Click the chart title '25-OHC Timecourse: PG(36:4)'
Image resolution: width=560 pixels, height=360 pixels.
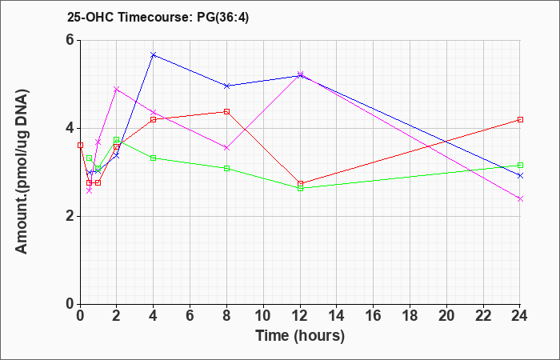tap(158, 18)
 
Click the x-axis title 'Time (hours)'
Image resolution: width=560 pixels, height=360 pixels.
tap(300, 336)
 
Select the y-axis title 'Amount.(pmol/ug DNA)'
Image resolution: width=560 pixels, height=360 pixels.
tap(22, 172)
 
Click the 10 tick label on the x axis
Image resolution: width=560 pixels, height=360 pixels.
tap(263, 316)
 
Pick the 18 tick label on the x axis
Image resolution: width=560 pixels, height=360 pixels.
tap(410, 316)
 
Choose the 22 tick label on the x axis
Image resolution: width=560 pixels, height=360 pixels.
tap(483, 316)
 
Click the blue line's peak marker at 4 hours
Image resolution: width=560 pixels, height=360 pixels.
tap(154, 55)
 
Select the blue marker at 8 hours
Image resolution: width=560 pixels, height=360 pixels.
tap(226, 86)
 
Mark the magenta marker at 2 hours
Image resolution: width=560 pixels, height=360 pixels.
tap(117, 89)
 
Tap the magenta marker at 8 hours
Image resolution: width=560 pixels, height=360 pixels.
tap(226, 147)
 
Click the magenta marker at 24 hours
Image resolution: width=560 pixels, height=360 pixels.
tap(520, 199)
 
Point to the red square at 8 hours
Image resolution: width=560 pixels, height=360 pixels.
tap(226, 111)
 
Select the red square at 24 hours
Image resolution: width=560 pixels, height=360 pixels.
tap(520, 120)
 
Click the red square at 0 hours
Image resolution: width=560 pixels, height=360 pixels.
tap(80, 146)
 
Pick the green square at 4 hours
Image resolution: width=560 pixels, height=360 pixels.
tap(154, 158)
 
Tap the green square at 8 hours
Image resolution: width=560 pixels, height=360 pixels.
tap(226, 168)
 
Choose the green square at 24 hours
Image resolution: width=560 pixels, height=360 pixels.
tap(520, 166)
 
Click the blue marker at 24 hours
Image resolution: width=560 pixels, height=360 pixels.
tap(520, 175)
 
